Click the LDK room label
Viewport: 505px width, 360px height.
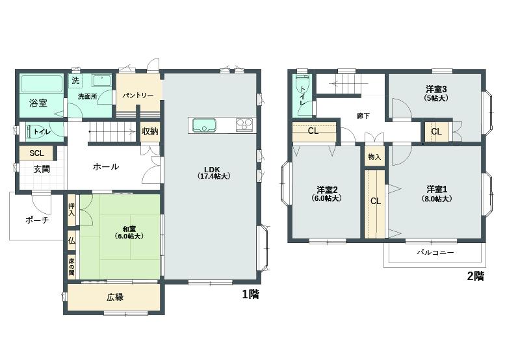tap(214, 173)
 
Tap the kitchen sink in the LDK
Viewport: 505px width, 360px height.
tap(204, 125)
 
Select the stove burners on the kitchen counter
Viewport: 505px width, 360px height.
tap(244, 125)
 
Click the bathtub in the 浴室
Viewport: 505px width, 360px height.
tap(42, 84)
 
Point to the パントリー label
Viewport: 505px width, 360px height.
tap(138, 96)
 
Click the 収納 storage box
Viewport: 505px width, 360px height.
tap(150, 131)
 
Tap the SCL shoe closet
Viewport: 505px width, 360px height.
tap(36, 153)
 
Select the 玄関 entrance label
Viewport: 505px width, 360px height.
tap(42, 170)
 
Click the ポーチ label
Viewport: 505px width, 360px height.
tap(37, 220)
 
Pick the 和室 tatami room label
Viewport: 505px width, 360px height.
tap(129, 233)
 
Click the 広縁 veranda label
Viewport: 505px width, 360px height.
tap(115, 297)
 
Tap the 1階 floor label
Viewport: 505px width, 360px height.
tap(251, 294)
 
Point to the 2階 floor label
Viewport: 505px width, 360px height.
tap(475, 276)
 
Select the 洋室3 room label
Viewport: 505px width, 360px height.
tap(436, 94)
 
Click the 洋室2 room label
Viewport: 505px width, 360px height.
tap(327, 194)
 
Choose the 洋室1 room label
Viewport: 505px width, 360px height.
tap(437, 194)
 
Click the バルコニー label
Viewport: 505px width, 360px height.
tap(435, 252)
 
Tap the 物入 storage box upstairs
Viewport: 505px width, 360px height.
tap(374, 157)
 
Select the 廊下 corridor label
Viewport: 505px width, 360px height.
tap(363, 116)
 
